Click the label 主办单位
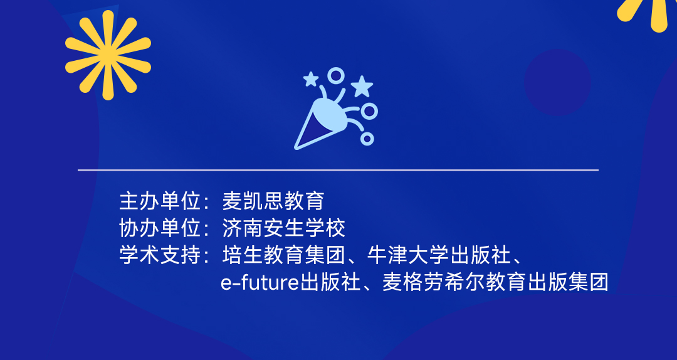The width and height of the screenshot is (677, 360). (x=160, y=201)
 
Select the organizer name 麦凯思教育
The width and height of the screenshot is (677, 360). (x=273, y=201)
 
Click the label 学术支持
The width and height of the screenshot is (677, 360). (x=160, y=256)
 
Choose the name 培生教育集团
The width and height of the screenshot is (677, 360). (x=284, y=256)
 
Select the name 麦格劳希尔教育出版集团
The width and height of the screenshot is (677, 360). (x=495, y=283)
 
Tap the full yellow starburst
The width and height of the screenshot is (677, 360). (x=108, y=55)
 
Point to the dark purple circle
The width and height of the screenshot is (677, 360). (x=557, y=82)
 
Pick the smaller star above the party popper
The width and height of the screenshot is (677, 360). (x=311, y=79)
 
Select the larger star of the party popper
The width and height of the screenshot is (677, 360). (x=362, y=86)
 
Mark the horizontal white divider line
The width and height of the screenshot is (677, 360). (x=338, y=170)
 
